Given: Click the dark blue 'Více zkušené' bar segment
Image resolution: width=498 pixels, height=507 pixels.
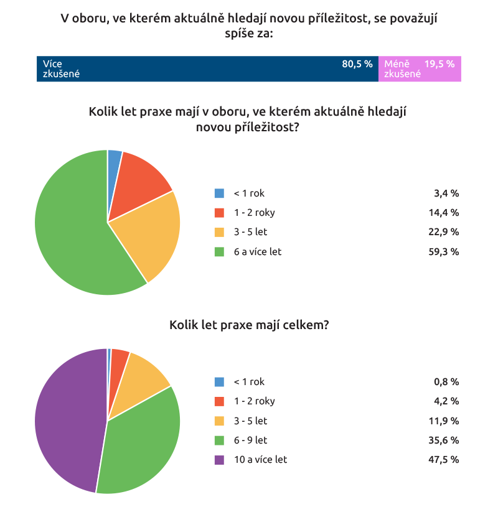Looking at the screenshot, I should (x=205, y=69).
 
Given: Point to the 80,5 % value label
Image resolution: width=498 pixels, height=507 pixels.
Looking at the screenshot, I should (x=357, y=64).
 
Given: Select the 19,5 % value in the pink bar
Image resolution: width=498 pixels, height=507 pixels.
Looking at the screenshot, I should (x=439, y=64).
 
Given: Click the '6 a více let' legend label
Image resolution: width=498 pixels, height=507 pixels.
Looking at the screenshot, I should (x=258, y=252).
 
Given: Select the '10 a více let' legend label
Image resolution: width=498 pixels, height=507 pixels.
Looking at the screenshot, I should (x=260, y=460).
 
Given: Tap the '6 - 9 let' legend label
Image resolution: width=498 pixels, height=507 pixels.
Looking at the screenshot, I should (x=250, y=440).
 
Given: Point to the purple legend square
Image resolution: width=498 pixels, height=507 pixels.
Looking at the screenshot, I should (x=219, y=460).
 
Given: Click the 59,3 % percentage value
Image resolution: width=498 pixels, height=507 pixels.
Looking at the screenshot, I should (x=446, y=252).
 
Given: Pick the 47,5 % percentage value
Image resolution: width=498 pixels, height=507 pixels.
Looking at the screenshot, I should (x=446, y=460).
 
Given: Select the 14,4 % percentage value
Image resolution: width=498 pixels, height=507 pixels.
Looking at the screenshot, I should (x=446, y=213).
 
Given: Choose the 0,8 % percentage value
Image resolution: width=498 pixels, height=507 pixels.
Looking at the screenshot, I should (x=448, y=382).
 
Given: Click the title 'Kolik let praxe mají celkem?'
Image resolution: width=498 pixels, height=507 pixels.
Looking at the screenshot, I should (x=249, y=325).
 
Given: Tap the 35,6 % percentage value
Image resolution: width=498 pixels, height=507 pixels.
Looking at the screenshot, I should (x=446, y=440).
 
